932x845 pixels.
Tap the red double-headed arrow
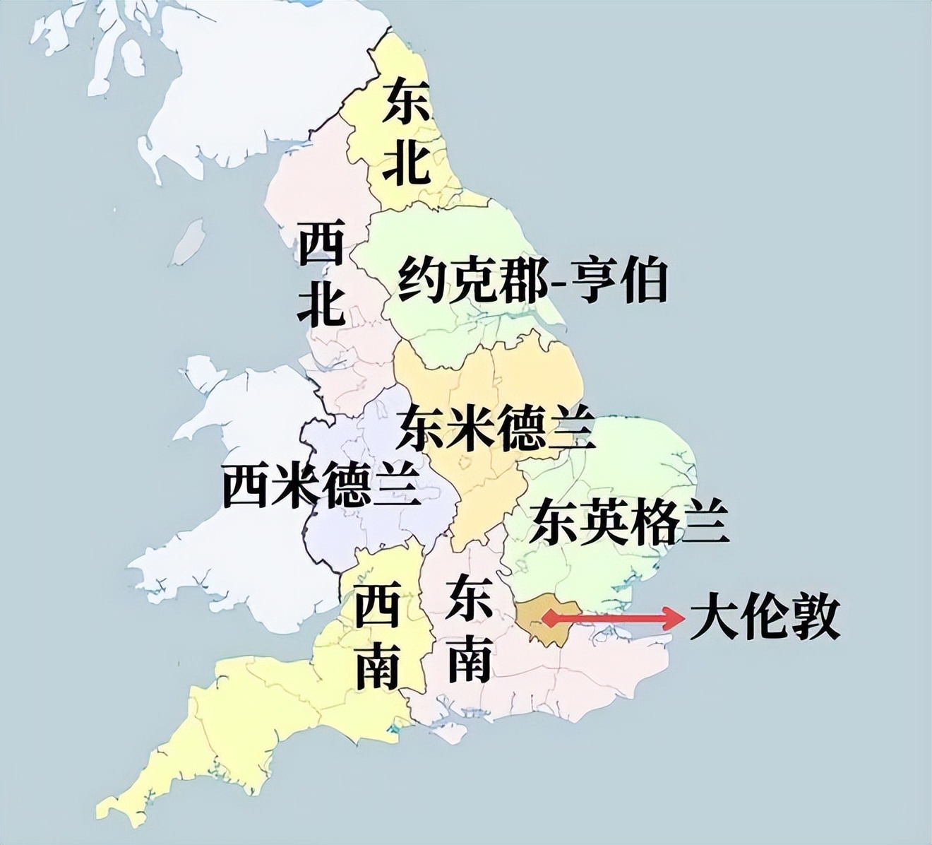click(612, 619)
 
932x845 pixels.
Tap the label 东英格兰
click(629, 521)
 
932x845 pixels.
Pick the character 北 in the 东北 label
click(405, 163)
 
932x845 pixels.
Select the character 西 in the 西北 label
click(321, 244)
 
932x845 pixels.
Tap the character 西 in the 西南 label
click(377, 606)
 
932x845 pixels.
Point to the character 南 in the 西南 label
click(377, 666)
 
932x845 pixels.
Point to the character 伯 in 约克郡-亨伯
click(641, 280)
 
